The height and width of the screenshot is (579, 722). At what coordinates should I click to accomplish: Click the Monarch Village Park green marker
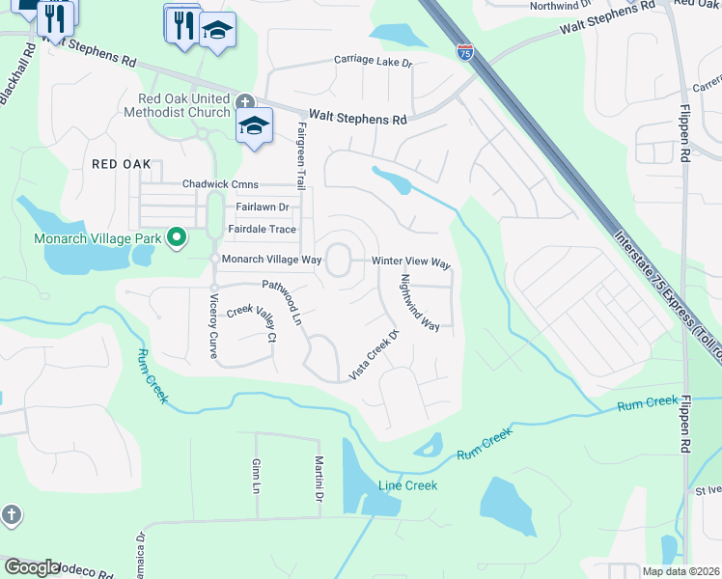(176, 236)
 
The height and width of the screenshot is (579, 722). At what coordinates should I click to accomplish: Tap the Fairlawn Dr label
(263, 207)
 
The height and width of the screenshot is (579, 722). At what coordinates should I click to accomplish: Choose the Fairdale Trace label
(262, 229)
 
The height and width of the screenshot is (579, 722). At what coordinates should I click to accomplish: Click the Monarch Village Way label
(271, 260)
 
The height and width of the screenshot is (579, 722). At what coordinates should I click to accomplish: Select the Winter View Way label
(412, 262)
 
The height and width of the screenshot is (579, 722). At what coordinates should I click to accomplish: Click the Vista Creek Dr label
(374, 355)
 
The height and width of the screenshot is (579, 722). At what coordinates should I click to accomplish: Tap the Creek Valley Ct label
(252, 324)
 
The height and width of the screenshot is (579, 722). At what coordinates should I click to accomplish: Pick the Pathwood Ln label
(283, 301)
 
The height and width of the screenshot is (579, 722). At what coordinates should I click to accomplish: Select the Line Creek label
(407, 485)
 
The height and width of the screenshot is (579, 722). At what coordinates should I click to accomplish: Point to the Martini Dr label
(318, 480)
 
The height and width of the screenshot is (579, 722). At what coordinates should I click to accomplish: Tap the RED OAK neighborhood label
(122, 164)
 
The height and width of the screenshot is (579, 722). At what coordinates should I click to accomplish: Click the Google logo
(33, 566)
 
